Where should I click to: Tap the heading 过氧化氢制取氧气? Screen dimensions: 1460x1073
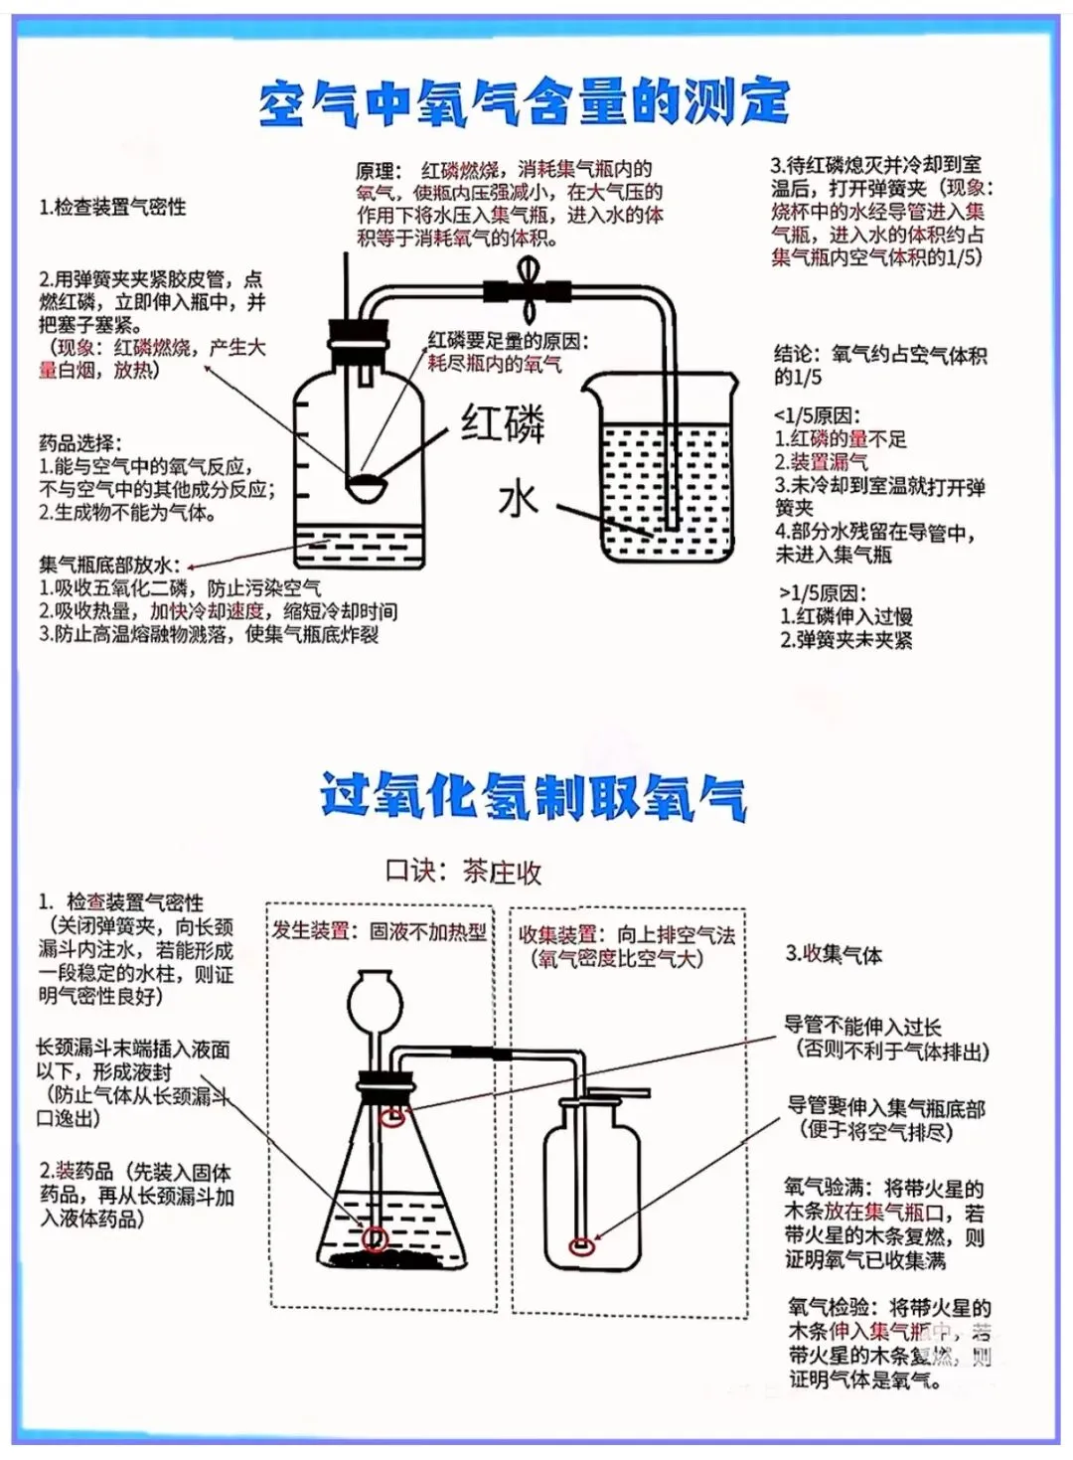click(x=533, y=797)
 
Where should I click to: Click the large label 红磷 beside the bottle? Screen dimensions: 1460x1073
click(x=503, y=423)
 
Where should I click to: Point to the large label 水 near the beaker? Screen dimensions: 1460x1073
click(x=518, y=501)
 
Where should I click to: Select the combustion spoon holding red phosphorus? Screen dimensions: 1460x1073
click(x=369, y=482)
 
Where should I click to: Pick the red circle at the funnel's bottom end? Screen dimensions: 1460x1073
click(x=376, y=1238)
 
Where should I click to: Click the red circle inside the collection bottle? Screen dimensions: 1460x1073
click(x=580, y=1243)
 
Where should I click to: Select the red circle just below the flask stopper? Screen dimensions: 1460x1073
click(x=394, y=1116)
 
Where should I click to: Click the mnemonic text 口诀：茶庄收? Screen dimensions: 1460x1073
click(x=463, y=872)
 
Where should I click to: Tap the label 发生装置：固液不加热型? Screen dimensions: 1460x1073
click(x=381, y=931)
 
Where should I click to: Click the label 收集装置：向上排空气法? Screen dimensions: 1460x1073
click(x=627, y=934)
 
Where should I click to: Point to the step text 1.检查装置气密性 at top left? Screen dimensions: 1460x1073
click(x=112, y=207)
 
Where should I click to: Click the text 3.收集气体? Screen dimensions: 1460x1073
click(x=834, y=954)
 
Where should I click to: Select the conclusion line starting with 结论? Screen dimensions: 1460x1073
click(x=880, y=365)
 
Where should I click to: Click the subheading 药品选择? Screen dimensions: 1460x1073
click(x=80, y=443)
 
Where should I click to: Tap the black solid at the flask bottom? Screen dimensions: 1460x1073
click(x=376, y=1260)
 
